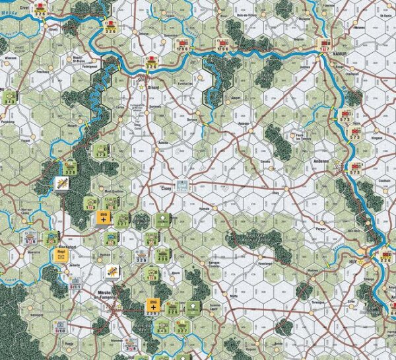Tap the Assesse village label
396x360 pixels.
pos(242,122)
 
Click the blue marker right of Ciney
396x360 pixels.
pos(185,186)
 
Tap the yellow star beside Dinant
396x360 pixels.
pos(141,85)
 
